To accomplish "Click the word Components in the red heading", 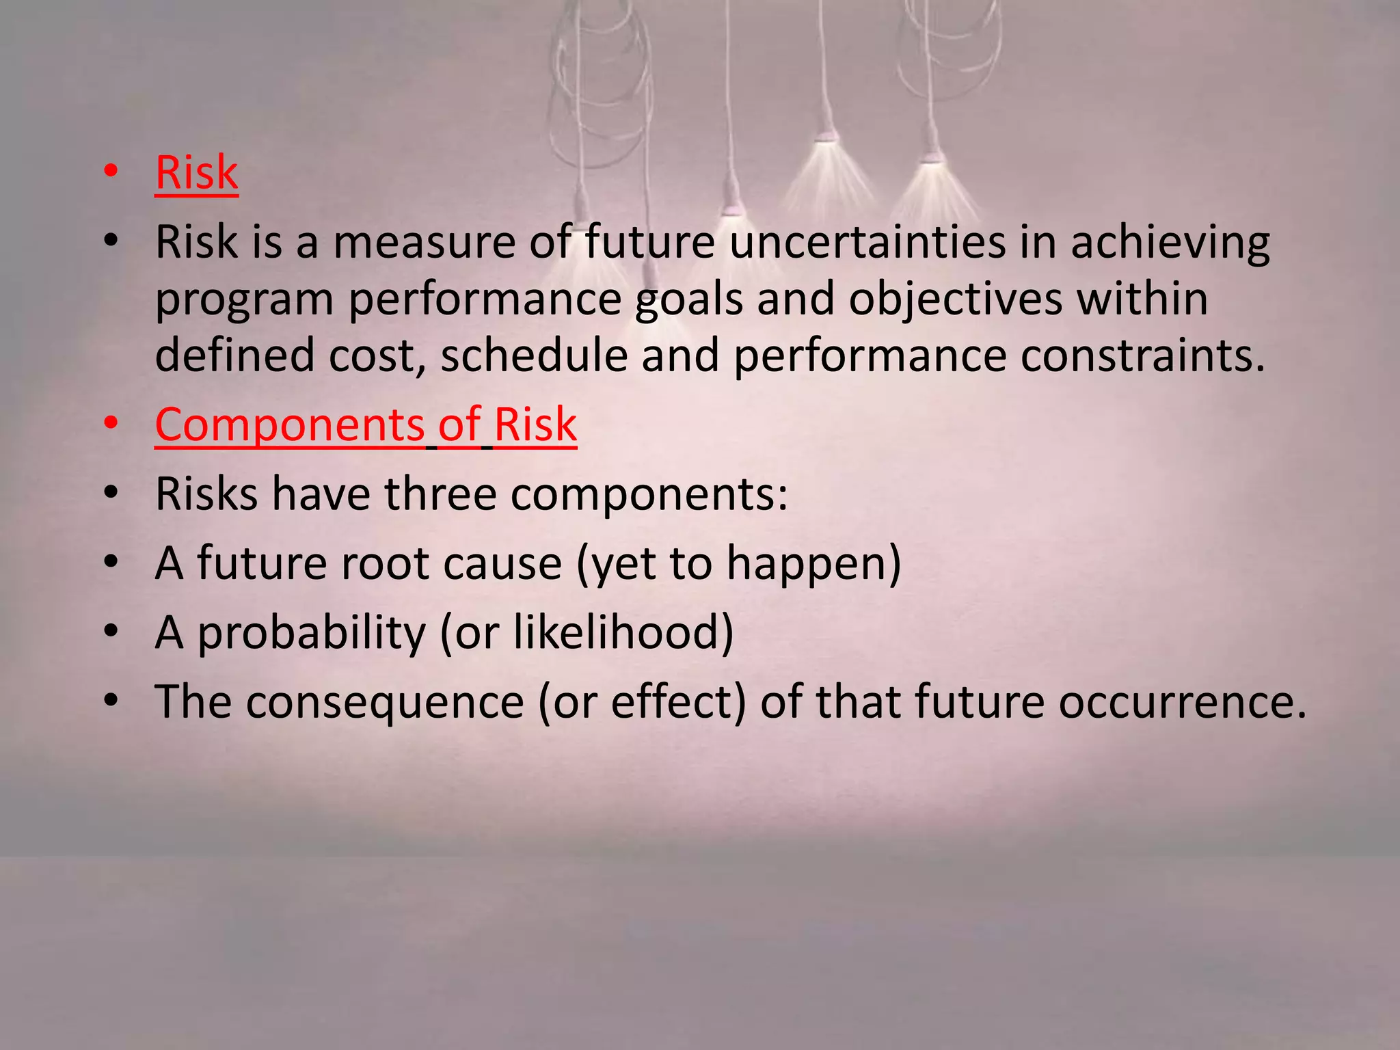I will point(290,425).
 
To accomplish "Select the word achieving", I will point(1170,243).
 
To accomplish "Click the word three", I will point(440,494).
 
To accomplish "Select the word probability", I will point(312,633).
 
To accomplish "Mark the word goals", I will point(688,301).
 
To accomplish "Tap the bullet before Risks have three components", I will point(111,494).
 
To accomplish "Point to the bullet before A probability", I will point(111,632).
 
